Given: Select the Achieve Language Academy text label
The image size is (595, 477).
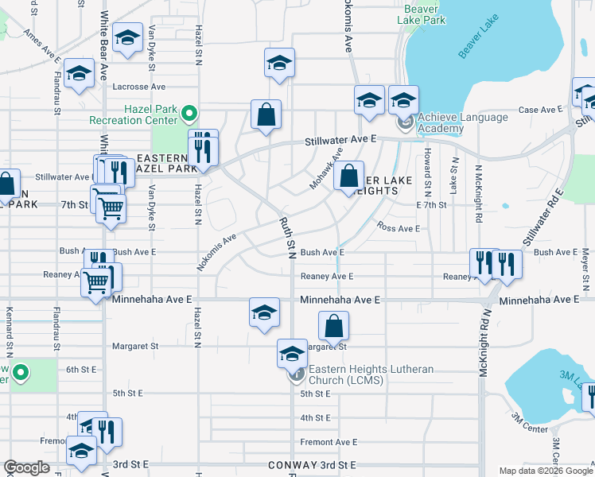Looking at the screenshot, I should click(462, 123).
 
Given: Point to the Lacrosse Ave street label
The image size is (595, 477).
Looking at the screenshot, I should click(139, 87).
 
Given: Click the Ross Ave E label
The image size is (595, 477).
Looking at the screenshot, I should click(399, 228).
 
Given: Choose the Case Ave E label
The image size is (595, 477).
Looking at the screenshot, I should click(540, 110).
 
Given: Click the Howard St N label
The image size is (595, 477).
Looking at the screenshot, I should click(427, 172).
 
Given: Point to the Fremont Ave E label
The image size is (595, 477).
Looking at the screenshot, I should click(329, 442).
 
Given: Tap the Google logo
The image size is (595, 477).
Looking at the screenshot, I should click(26, 467).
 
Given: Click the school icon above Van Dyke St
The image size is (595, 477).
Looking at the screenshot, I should click(126, 38).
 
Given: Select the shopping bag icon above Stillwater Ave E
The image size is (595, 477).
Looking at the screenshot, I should click(266, 114).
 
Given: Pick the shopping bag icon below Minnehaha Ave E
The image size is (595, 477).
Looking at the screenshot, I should click(334, 325).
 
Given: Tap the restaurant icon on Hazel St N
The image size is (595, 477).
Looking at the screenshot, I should click(203, 147).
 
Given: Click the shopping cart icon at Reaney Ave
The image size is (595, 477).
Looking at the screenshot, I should click(96, 281).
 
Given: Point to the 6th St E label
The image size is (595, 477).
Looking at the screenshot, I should click(80, 370).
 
